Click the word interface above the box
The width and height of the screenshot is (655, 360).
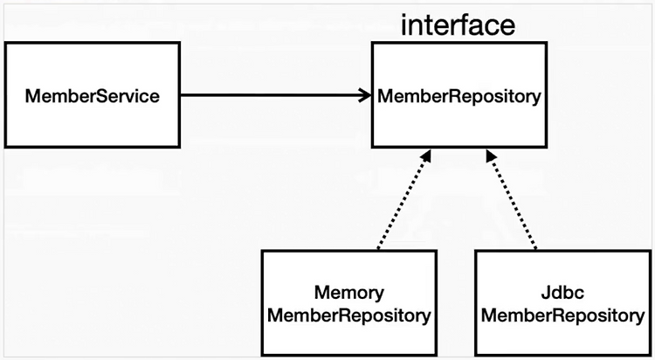458,25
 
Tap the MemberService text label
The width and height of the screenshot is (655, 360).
93,96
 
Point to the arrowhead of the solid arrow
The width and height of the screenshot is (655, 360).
366,95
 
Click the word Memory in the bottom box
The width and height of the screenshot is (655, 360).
349,294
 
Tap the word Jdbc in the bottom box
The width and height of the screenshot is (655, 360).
562,292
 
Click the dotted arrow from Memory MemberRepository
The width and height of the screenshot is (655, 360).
404,200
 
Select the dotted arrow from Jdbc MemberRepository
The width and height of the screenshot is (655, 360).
511,200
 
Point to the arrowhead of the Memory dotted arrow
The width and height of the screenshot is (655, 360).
425,156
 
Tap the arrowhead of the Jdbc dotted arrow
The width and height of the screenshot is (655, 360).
491,156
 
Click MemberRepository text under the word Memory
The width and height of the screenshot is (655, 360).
349,315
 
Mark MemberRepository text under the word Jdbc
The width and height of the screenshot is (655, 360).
563,315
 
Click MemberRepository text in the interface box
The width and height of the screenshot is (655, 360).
459,97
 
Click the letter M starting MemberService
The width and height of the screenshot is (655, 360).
32,96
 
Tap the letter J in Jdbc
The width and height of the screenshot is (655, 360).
546,293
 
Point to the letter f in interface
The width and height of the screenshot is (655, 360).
464,25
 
